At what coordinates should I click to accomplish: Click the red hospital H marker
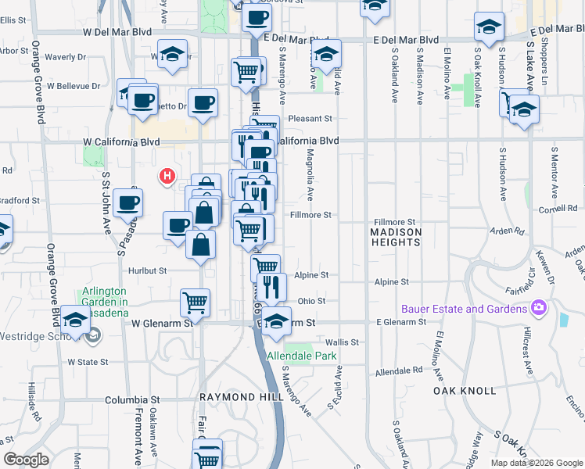[167, 177]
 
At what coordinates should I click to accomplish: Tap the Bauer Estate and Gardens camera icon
[538, 308]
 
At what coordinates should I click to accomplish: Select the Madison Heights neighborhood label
[396, 237]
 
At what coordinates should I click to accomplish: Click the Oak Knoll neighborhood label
[465, 390]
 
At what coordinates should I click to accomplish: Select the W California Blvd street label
[121, 141]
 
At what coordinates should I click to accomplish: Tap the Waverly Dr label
[66, 57]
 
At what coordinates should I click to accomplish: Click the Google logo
[27, 460]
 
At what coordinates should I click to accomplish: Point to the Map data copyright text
[537, 463]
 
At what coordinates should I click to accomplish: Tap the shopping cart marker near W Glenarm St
[195, 302]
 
